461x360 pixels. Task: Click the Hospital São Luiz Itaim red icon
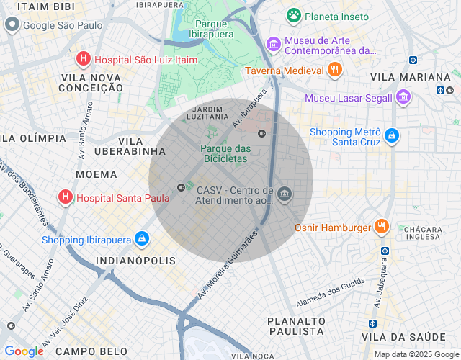(x=84, y=60)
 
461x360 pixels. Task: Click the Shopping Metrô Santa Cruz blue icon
(x=391, y=135)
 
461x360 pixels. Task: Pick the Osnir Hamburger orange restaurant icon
(x=382, y=228)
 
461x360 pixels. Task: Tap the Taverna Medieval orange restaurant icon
(x=334, y=70)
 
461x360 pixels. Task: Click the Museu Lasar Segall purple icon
(x=403, y=97)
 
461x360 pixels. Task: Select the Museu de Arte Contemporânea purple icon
(x=273, y=45)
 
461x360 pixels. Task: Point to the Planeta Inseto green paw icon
(x=293, y=15)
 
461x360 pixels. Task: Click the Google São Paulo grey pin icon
(x=12, y=25)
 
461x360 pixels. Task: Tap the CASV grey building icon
(x=284, y=194)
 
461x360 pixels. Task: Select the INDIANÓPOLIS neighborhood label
(x=135, y=260)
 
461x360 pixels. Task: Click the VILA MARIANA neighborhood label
(x=410, y=77)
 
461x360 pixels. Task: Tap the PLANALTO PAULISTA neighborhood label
(x=295, y=325)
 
